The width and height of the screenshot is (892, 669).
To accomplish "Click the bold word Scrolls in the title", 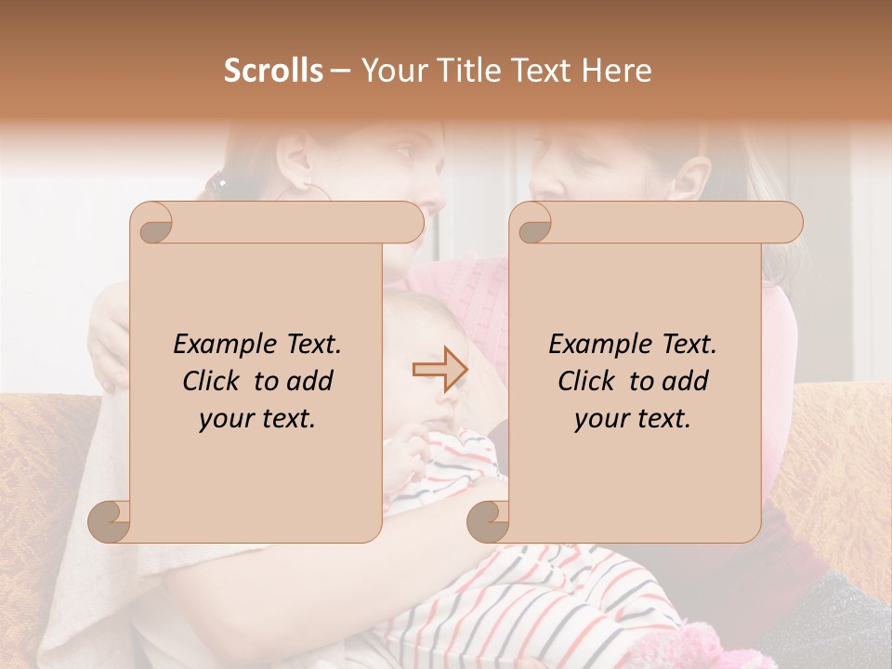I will point(273,71).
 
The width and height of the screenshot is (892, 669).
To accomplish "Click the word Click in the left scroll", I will point(213,381).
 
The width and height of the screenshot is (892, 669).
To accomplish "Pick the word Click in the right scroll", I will point(588,381).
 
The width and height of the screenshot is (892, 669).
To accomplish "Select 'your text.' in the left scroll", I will point(257,418).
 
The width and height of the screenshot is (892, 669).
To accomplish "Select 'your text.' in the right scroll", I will point(633,418).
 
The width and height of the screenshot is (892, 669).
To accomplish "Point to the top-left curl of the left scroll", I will point(152,223).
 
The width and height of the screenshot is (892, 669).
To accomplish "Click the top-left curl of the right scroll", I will point(532,223).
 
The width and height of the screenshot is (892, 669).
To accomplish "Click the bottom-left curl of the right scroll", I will point(489,520).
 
